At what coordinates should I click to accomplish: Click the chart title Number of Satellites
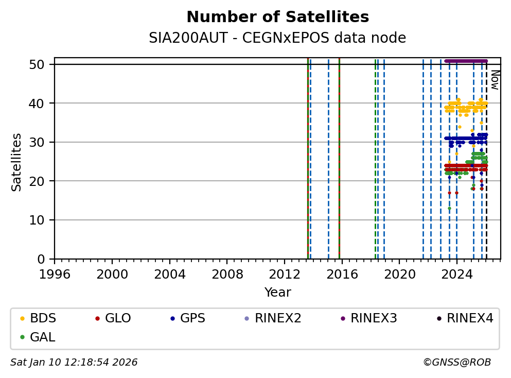point(277,18)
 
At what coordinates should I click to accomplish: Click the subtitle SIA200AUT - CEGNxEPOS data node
point(277,38)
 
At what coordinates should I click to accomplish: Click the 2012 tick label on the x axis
point(285,273)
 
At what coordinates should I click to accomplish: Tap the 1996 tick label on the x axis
point(55,273)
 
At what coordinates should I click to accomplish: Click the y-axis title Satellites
point(17,162)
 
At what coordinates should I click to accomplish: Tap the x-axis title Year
point(277,293)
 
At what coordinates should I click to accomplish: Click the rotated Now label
point(495,80)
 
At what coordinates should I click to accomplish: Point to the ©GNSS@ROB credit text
point(456,363)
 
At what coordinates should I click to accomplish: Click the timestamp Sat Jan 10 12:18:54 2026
point(74,363)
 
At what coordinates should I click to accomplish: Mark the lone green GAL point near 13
point(449,208)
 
